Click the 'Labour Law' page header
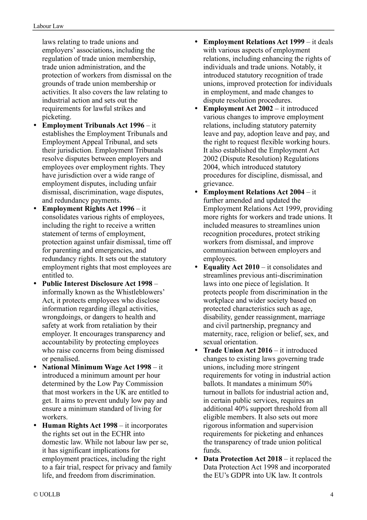pos(48,26)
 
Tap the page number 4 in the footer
pos(331,494)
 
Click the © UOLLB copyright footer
pos(47,494)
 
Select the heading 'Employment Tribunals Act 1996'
pos(93,125)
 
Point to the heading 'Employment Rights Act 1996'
pos(88,209)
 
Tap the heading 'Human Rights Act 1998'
pos(80,425)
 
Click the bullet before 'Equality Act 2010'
pos(196,267)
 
